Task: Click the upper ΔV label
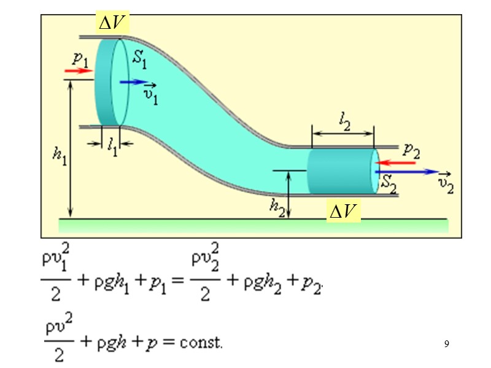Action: point(113,24)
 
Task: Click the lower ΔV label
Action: point(342,212)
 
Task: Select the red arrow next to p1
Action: point(77,71)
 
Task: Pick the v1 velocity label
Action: point(151,96)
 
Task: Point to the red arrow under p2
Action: point(396,163)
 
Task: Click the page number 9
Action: point(446,343)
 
